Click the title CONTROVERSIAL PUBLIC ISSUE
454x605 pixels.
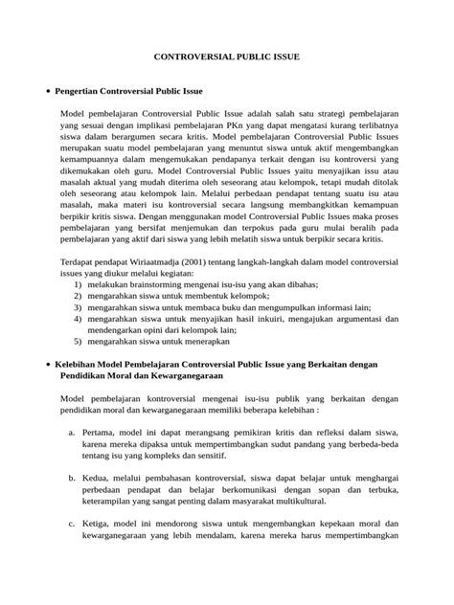point(227,57)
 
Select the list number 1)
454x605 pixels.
point(78,284)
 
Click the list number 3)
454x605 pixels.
point(78,309)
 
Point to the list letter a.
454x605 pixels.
point(73,434)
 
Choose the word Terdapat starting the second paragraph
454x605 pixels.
point(79,260)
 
